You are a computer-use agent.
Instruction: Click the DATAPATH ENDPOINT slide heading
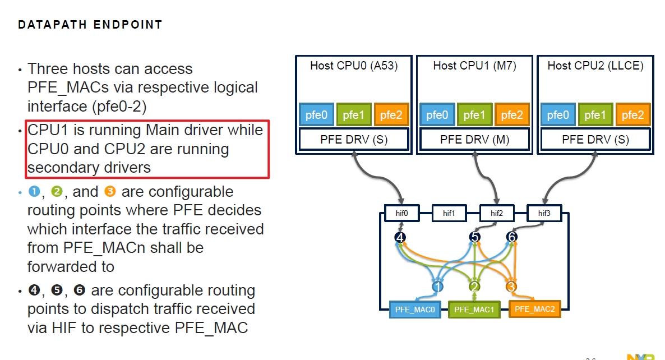(x=90, y=25)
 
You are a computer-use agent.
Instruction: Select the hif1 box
(x=449, y=214)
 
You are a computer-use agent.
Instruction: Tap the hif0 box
(x=402, y=214)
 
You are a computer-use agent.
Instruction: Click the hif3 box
(x=544, y=214)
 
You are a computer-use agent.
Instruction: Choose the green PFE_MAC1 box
(x=474, y=310)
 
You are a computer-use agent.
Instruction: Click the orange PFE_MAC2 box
(x=534, y=309)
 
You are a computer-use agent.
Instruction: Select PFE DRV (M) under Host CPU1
(x=474, y=140)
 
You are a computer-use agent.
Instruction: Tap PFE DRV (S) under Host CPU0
(x=354, y=140)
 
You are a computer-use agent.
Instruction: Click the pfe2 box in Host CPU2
(x=632, y=115)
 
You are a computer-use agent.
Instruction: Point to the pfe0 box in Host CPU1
(x=437, y=115)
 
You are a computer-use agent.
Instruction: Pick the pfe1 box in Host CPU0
(x=354, y=115)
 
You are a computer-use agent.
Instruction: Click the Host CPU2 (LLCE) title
(x=595, y=66)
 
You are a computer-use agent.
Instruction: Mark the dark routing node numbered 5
(x=475, y=237)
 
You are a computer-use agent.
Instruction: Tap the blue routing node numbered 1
(x=438, y=287)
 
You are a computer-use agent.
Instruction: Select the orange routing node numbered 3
(x=511, y=287)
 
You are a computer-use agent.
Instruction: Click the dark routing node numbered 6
(x=511, y=237)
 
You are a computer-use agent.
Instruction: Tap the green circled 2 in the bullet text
(x=57, y=192)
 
